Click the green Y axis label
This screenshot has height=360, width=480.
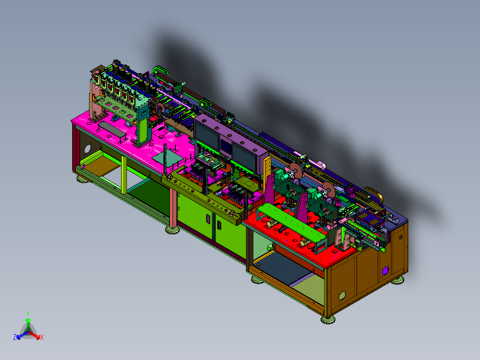(x=28, y=314)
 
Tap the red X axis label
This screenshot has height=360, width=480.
(x=42, y=337)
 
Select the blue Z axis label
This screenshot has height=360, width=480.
(x=15, y=337)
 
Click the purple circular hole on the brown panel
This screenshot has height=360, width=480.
(x=385, y=270)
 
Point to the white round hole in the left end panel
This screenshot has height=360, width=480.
(x=87, y=149)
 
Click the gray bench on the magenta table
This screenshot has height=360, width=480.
(x=112, y=130)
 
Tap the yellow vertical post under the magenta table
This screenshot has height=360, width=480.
(x=124, y=175)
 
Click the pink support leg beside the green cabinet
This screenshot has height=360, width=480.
(x=173, y=209)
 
